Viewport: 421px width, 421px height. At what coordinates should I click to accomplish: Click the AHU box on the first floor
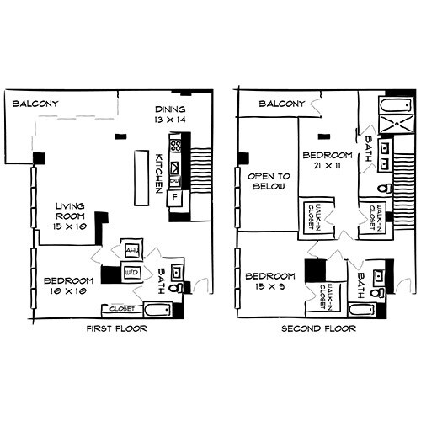coord(131,250)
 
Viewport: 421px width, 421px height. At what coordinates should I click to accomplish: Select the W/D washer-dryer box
coord(131,273)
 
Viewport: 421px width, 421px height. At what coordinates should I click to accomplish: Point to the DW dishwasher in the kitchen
coord(174,181)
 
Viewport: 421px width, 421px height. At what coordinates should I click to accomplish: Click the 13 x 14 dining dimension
coord(170,121)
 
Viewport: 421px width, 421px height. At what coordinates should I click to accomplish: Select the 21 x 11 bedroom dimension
coord(326,167)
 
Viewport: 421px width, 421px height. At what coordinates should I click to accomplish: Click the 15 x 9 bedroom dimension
coord(269,287)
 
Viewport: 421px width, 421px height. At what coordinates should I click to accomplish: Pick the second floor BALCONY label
coord(280,104)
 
